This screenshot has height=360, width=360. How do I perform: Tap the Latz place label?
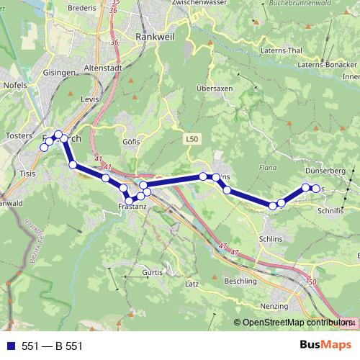click(192, 285)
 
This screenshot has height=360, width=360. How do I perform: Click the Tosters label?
click(19, 135)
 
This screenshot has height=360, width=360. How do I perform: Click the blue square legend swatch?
click(10, 346)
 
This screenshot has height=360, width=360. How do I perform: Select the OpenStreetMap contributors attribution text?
click(295, 323)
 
